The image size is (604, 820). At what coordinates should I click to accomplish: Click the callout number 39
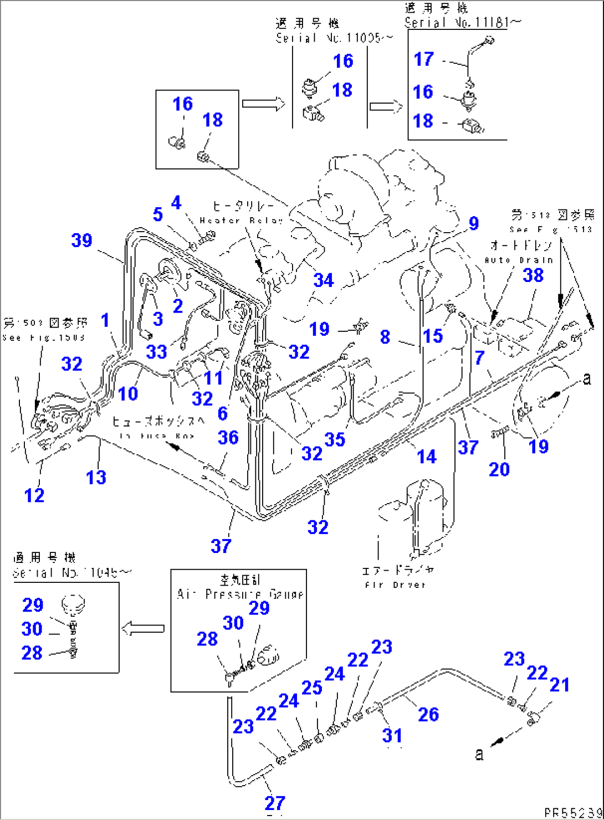point(81,240)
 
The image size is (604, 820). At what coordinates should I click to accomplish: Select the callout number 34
point(324,280)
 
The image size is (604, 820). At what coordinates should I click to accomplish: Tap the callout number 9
point(473,223)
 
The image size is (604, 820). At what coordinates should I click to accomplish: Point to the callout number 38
point(533,275)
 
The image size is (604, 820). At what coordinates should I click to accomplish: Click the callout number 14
point(427,457)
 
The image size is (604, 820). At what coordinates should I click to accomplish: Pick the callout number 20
point(499,469)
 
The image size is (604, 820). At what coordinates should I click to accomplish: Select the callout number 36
point(228,438)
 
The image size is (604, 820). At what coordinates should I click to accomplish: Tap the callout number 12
point(34,495)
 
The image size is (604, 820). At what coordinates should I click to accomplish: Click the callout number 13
point(96,477)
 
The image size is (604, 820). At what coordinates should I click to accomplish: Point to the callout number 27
point(275,802)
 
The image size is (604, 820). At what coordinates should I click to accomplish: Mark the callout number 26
point(428,714)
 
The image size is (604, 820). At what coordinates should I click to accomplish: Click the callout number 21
point(559,685)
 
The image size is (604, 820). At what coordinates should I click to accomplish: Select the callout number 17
point(424,59)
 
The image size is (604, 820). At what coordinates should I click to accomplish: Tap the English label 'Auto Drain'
point(519,260)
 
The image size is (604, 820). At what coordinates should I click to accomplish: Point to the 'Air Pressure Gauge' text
point(240,594)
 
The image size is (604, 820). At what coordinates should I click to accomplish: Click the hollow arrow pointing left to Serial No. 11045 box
point(143,628)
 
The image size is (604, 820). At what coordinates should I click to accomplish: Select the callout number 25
point(312,688)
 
